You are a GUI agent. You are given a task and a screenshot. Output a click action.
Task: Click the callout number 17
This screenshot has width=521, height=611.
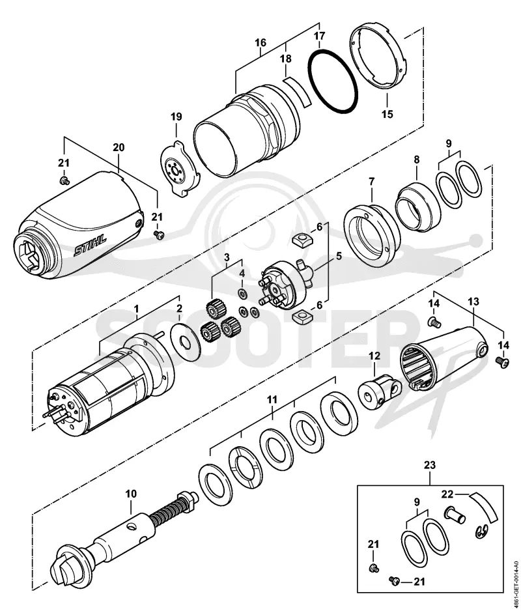coord(319,36)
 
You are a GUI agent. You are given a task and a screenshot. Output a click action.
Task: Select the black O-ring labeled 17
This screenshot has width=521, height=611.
coord(333,81)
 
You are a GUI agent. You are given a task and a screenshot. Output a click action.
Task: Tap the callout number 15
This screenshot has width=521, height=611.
coord(387,114)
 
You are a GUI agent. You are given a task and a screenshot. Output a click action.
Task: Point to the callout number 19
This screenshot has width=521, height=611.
coord(176,117)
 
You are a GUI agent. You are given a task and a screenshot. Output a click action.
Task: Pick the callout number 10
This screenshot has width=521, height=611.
coord(131,494)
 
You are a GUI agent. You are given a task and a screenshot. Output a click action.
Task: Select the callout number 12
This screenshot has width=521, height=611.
coord(374,356)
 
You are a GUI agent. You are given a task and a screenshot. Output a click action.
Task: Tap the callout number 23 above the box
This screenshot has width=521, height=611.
coord(430,465)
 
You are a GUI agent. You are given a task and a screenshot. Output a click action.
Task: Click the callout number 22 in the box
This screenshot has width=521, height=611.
coord(447,494)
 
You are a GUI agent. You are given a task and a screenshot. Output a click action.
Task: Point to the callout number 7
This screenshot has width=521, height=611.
coord(371,181)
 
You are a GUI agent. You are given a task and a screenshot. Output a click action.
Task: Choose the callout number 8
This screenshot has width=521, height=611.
coord(417,160)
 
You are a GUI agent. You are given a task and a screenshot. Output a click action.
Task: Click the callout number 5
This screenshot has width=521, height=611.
coord(339,256)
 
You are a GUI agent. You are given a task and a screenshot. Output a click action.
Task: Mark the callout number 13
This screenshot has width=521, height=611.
coord(474,301)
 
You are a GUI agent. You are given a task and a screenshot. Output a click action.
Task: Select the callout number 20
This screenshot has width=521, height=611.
coord(119,147)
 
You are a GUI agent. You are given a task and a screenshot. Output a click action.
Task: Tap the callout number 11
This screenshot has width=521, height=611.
coord(272,399)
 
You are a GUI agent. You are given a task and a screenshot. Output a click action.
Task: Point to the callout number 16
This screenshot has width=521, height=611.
coord(260,42)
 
